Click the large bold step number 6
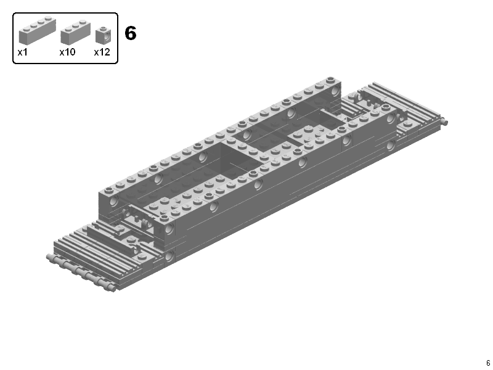click(130, 33)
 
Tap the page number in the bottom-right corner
click(487, 363)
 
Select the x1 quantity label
click(23, 52)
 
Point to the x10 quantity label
click(67, 52)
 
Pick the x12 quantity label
click(102, 52)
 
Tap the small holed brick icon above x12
click(103, 35)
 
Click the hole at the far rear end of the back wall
click(335, 92)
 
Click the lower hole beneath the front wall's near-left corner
click(168, 254)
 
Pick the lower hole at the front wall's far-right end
click(390, 146)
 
